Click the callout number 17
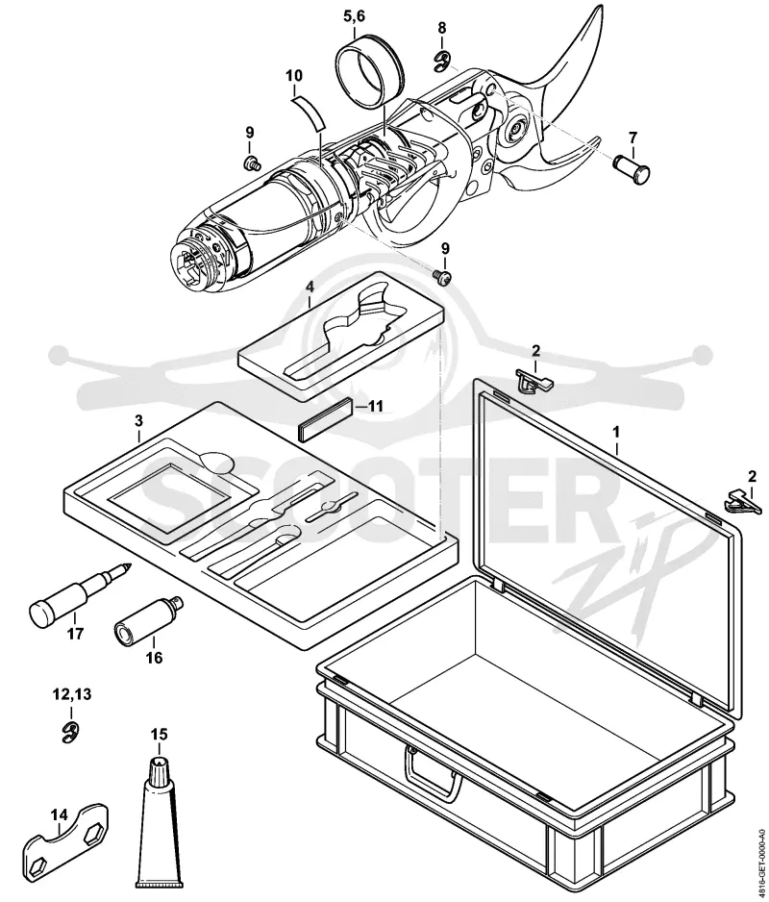75,634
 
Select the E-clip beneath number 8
442,61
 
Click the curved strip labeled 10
308,113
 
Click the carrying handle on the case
434,776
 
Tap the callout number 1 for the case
616,431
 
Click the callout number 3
138,421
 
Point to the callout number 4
310,286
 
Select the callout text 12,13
72,694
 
